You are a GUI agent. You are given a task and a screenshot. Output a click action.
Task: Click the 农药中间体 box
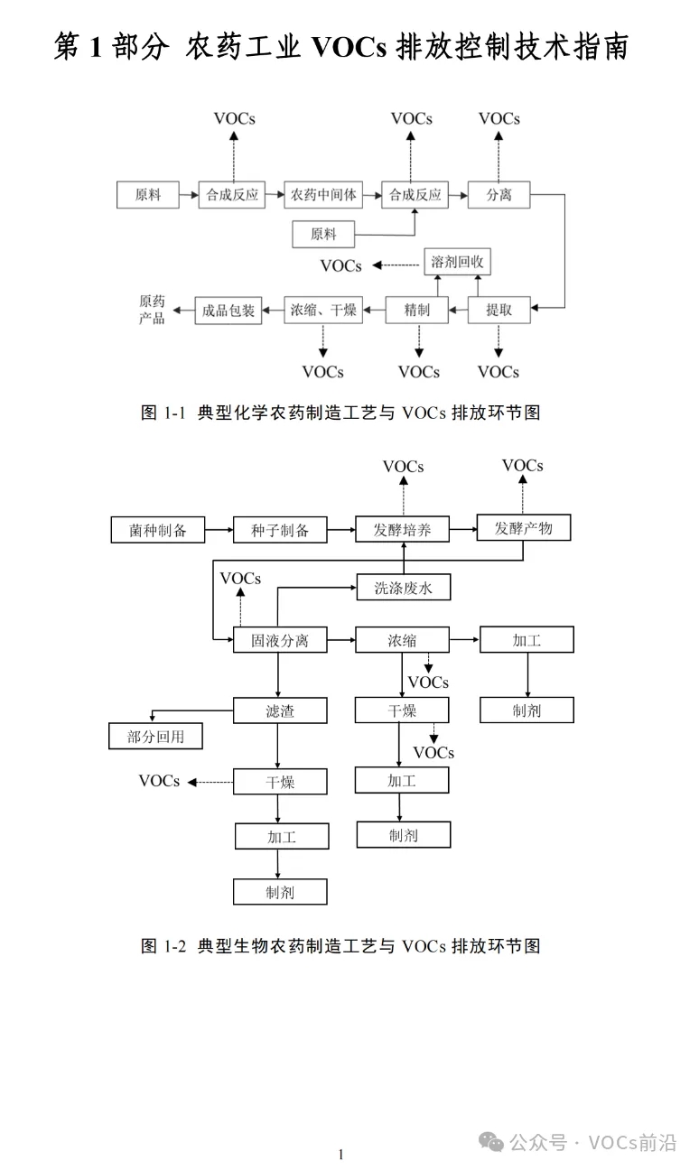click(x=322, y=194)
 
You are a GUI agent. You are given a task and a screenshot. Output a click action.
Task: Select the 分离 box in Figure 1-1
click(x=499, y=194)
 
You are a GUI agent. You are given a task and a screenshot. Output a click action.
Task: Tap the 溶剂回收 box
click(x=458, y=263)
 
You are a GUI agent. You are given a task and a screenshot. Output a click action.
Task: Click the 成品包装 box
click(x=228, y=311)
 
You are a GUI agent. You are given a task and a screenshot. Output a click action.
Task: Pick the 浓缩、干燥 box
click(x=323, y=311)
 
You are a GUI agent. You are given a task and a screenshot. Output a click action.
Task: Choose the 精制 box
click(x=417, y=311)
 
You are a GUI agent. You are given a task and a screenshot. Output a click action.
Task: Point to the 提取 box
click(x=499, y=311)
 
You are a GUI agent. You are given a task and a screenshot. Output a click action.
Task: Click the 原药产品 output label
click(x=152, y=310)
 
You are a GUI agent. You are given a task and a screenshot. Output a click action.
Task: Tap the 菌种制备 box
click(x=158, y=529)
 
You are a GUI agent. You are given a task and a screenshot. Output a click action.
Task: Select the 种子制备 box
click(x=280, y=529)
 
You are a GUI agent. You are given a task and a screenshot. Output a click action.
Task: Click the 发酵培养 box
click(x=403, y=529)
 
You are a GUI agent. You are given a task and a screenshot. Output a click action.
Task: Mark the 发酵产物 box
click(x=524, y=527)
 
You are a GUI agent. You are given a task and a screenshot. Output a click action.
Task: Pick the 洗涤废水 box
click(x=403, y=588)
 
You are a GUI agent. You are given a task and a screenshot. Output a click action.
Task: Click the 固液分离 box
click(x=280, y=640)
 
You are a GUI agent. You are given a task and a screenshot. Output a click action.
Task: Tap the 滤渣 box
click(x=280, y=710)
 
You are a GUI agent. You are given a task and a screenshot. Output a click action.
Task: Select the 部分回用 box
click(x=155, y=736)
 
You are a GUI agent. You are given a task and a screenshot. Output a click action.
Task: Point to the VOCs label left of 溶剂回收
click(x=341, y=265)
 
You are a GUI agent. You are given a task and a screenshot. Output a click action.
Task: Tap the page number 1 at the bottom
click(x=340, y=1154)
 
